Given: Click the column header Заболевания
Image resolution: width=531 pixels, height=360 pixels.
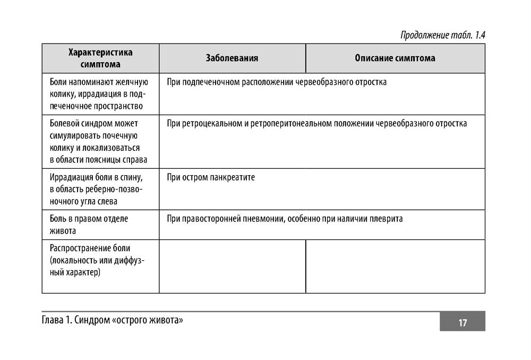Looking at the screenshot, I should click(232, 58).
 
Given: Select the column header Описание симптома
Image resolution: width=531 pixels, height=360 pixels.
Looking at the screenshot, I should click(395, 58).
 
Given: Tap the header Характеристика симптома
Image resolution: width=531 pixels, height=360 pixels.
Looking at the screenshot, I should click(100, 58).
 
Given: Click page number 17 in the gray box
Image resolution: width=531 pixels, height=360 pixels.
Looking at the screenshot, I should click(462, 323).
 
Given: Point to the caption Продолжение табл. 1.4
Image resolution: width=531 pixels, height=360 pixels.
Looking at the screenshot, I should click(443, 36).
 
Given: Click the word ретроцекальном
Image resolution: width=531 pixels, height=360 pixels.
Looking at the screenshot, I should click(211, 124).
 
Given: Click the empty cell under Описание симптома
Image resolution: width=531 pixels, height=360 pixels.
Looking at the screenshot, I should click(395, 266).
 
